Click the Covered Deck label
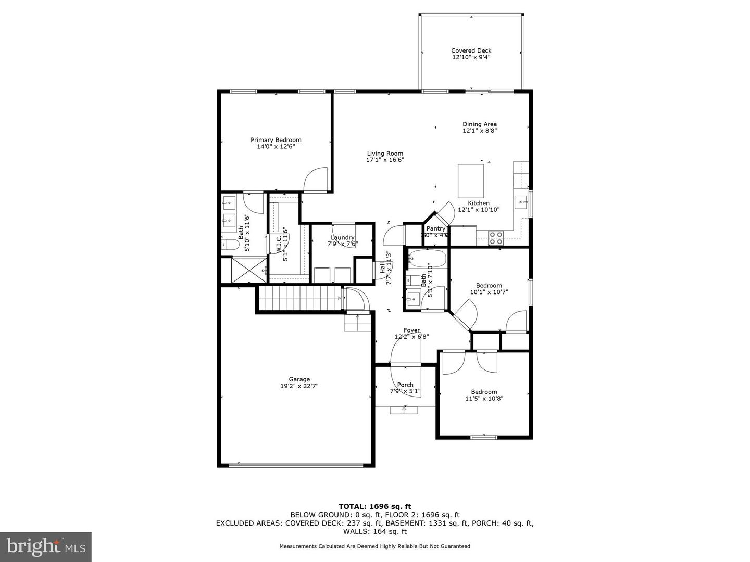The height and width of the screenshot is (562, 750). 471,50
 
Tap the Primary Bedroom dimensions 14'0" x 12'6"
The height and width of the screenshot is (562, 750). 276,147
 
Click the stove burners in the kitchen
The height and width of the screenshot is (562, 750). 496,238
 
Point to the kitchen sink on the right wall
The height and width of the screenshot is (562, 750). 520,200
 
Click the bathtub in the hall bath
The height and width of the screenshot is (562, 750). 427,259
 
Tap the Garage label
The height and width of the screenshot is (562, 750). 299,379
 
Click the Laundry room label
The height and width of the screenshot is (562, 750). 342,237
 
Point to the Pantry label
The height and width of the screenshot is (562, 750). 436,228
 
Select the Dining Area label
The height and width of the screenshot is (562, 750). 480,124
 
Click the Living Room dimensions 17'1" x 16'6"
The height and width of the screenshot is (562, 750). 385,160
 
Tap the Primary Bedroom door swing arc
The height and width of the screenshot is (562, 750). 316,179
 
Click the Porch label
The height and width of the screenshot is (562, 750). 405,385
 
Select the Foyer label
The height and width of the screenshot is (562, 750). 411,330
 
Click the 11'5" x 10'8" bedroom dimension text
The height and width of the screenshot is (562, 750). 484,399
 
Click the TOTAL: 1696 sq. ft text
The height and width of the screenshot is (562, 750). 374,506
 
